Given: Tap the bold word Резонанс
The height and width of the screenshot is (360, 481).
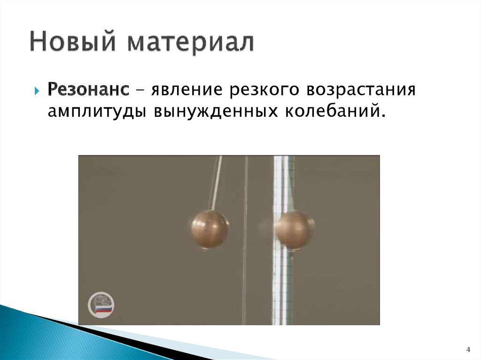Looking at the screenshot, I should click(89, 89).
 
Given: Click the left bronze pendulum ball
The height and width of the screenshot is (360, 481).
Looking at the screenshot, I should click(209, 228).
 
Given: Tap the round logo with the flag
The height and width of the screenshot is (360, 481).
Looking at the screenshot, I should click(101, 306).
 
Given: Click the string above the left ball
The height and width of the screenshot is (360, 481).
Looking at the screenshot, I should click(216, 183).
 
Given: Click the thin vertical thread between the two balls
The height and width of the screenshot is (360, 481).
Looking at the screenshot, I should click(245, 263).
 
